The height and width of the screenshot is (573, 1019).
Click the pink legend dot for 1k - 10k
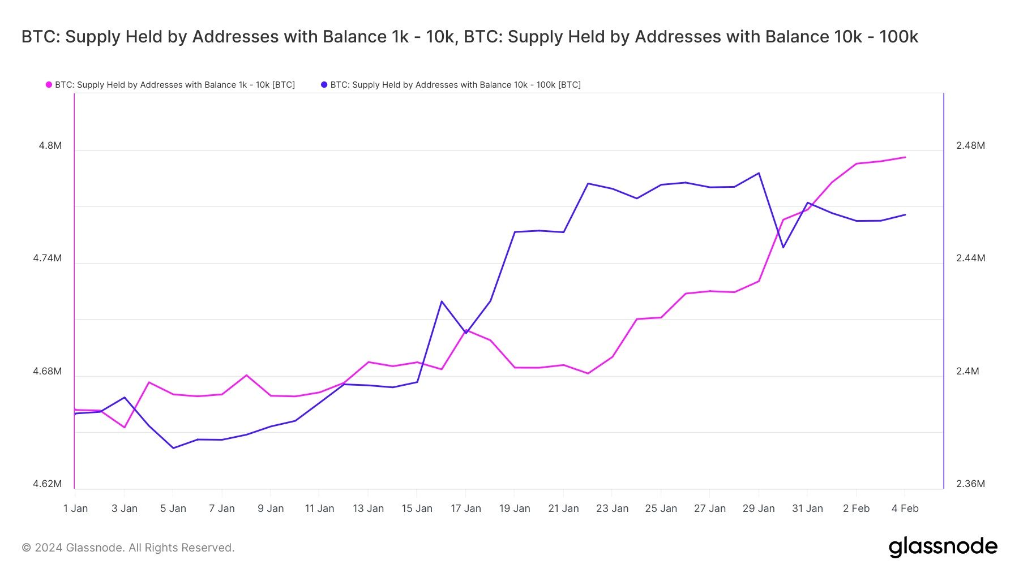tap(49, 85)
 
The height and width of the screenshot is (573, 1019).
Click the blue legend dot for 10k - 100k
tap(324, 85)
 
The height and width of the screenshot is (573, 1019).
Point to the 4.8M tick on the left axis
tap(50, 145)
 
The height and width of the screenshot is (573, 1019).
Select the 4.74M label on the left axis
tap(47, 258)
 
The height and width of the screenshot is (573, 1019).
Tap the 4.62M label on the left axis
tap(47, 484)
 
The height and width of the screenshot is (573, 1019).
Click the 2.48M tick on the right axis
tap(970, 145)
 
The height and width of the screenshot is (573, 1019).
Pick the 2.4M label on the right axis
tap(967, 371)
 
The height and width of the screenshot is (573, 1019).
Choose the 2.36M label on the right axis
tap(970, 484)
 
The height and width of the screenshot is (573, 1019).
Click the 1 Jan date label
tap(75, 509)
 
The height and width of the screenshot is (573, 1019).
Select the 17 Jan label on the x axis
tap(465, 509)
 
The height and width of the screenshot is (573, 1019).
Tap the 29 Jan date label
tap(758, 509)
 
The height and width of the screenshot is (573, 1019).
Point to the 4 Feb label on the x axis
tap(905, 509)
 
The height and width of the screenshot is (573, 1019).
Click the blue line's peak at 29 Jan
tap(759, 173)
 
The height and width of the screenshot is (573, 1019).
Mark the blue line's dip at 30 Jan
tap(783, 247)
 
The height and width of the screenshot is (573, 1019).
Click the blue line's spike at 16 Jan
tap(442, 301)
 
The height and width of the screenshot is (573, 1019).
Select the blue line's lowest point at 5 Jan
tap(173, 448)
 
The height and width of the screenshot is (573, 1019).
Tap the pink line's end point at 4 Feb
tap(905, 157)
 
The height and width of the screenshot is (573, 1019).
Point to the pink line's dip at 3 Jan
tap(125, 427)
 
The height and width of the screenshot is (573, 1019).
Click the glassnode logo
tap(943, 547)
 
